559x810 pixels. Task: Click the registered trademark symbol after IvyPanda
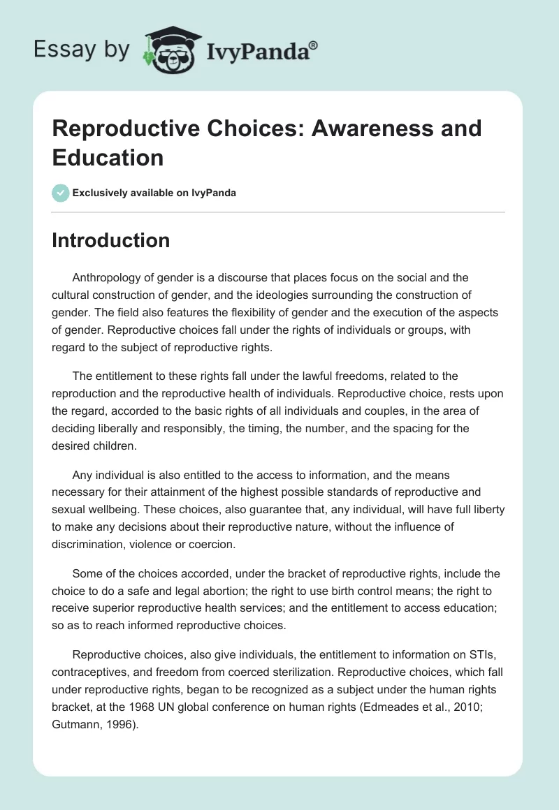pos(313,45)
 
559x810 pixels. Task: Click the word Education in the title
pos(108,157)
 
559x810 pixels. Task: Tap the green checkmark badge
pos(61,193)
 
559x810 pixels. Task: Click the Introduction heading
pos(111,240)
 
